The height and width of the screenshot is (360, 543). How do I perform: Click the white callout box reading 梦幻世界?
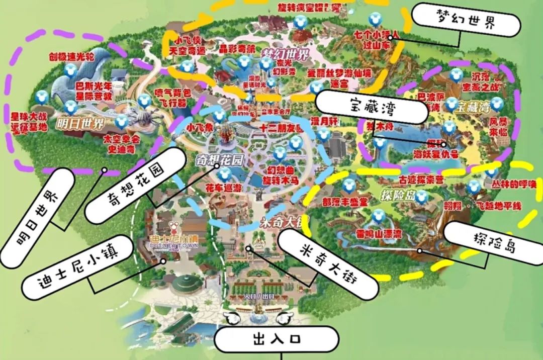(465, 22)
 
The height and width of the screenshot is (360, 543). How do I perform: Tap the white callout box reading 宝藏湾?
(371, 107)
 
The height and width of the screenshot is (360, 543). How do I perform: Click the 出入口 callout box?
(276, 339)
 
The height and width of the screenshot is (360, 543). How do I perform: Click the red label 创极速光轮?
(71, 56)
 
